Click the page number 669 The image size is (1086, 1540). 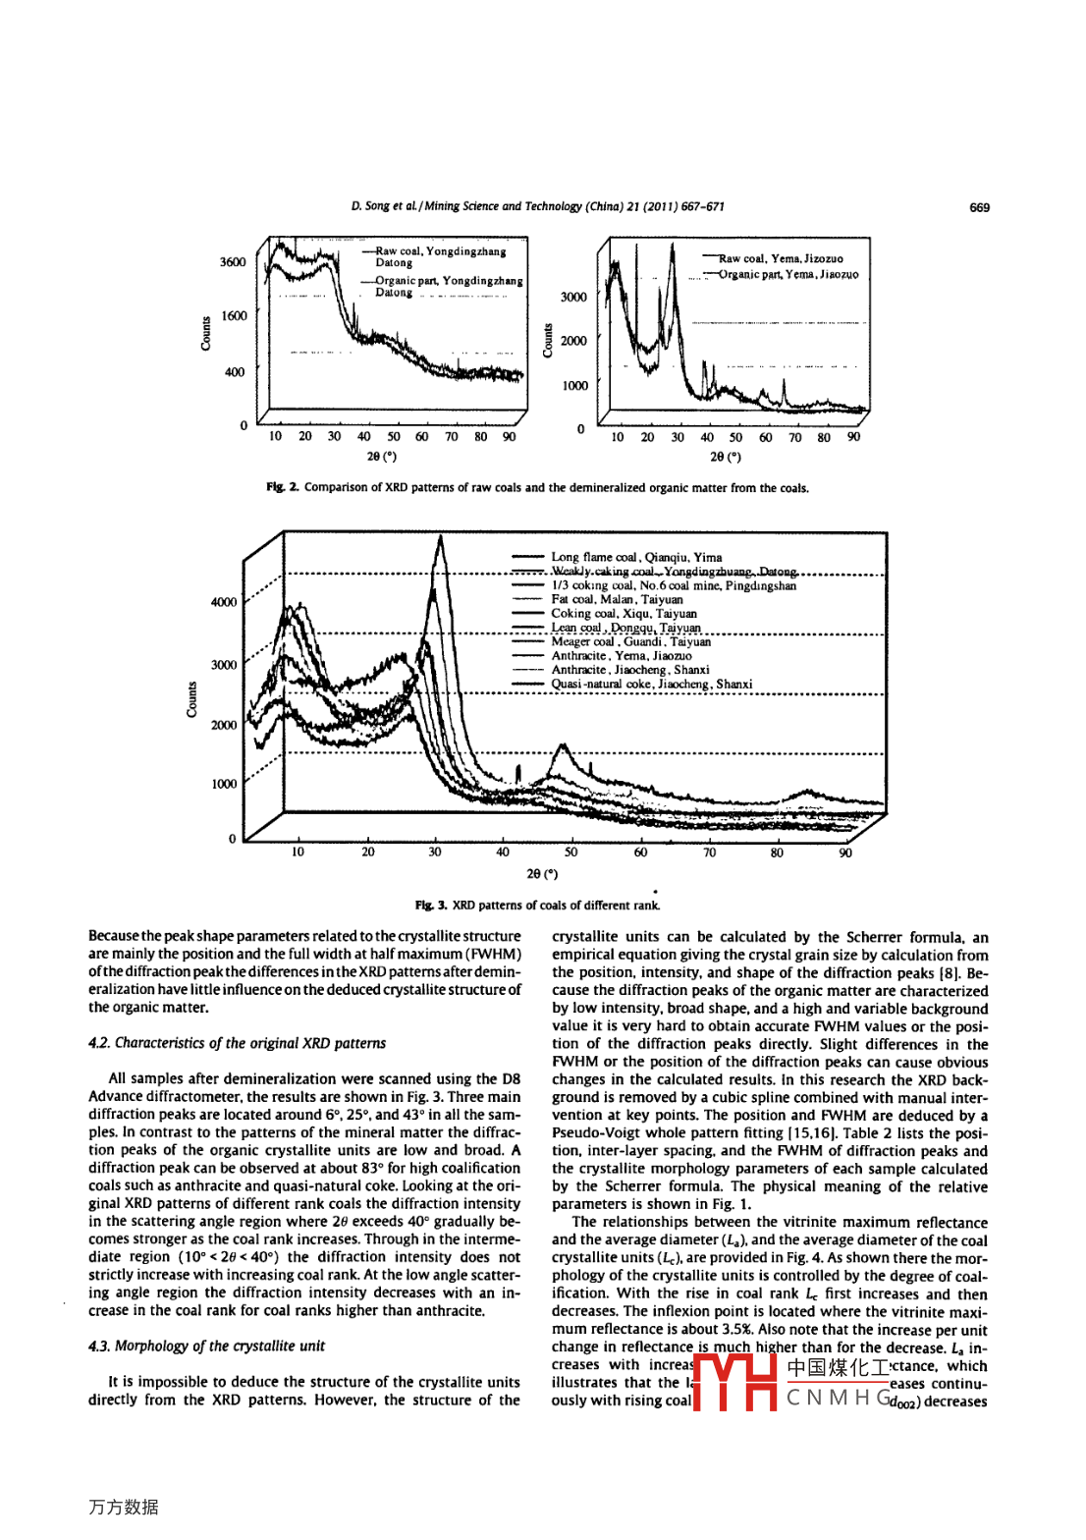tap(979, 207)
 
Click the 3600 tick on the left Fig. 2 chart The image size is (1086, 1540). tap(233, 262)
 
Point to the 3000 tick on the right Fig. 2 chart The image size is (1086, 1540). tap(573, 297)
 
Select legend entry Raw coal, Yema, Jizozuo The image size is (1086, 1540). tap(780, 259)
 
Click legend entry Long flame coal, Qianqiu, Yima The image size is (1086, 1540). tap(636, 557)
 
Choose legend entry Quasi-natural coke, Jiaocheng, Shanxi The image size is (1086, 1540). tap(651, 685)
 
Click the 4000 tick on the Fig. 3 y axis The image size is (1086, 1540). tap(224, 602)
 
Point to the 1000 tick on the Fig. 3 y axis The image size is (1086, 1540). tap(224, 784)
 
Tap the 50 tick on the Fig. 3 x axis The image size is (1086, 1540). tap(571, 852)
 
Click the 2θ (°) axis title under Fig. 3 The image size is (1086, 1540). tap(542, 873)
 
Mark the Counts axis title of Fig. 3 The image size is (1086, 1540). tap(192, 700)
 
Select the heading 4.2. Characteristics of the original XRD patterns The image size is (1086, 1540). tap(237, 1043)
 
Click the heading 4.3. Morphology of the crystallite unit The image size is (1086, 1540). tap(206, 1346)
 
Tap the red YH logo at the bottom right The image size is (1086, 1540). tap(736, 1382)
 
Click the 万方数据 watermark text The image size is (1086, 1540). tap(124, 1507)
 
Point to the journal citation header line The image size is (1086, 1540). tap(537, 206)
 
